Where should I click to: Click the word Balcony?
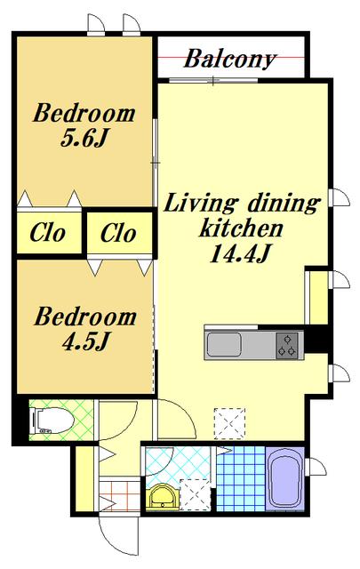click(229, 60)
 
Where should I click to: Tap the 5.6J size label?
click(84, 139)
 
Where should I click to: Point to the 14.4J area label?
click(240, 253)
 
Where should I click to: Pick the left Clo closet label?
click(47, 232)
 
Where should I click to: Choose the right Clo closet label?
click(118, 233)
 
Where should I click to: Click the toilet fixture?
click(53, 421)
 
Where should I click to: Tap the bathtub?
click(284, 479)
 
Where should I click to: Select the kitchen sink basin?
click(224, 345)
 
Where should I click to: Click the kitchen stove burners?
click(287, 345)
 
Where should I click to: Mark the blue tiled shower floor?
click(241, 478)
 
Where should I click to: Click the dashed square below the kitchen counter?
click(229, 423)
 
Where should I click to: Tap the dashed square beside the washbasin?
click(195, 495)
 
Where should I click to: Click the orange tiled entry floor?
click(119, 496)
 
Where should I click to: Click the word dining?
click(284, 204)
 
